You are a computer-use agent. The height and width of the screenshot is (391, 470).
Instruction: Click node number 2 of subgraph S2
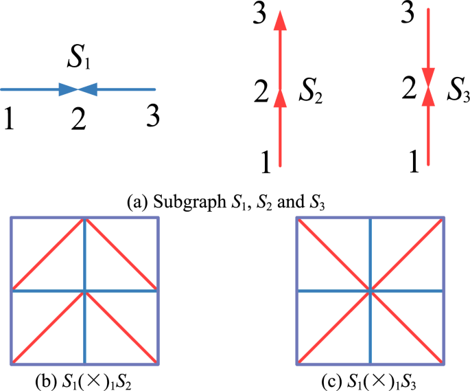262,91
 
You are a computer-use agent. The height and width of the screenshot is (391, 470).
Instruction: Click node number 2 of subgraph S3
410,90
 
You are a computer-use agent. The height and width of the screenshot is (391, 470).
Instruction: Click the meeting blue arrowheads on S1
79,89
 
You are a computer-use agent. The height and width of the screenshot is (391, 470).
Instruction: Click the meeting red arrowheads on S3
428,87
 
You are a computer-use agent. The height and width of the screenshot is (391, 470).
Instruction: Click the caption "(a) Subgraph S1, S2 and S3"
234,203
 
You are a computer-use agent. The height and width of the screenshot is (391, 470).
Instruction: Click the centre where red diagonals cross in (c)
371,291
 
